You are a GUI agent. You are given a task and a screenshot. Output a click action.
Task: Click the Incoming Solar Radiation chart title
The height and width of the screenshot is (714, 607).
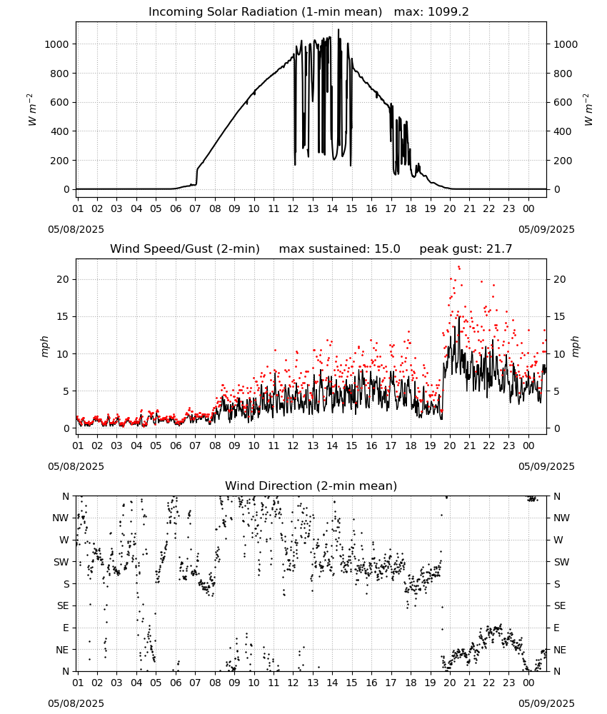(x=265, y=12)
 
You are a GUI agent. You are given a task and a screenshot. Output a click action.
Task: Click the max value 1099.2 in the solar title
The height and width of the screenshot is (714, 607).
(x=448, y=12)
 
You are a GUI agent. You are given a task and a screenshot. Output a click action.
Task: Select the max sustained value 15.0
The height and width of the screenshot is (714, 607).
(x=387, y=249)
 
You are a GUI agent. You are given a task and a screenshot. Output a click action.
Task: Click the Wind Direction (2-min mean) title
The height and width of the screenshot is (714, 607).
(x=311, y=486)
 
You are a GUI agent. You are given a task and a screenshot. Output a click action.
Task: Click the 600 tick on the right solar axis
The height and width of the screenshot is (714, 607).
(x=563, y=102)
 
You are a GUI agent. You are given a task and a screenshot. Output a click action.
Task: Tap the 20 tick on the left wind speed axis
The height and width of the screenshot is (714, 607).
(x=63, y=280)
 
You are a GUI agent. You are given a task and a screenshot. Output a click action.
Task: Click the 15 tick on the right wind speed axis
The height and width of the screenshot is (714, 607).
(x=560, y=316)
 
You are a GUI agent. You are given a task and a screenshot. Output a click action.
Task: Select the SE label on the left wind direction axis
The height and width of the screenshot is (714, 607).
(x=64, y=605)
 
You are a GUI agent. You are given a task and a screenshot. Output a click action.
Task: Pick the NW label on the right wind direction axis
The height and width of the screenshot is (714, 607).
(x=561, y=518)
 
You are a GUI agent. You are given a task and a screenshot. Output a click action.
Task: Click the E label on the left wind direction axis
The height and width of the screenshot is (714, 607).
(x=66, y=628)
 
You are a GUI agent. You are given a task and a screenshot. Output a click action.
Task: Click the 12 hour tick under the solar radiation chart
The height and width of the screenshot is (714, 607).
(x=293, y=208)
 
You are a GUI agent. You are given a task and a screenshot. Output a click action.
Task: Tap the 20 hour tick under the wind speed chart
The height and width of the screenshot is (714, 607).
(x=449, y=446)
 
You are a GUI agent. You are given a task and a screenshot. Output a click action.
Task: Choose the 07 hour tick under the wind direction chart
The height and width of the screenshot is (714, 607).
(x=195, y=683)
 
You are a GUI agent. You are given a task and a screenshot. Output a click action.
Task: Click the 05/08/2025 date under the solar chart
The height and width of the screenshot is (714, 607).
(x=76, y=229)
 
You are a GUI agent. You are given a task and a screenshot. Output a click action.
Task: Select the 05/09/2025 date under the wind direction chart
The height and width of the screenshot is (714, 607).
(x=546, y=703)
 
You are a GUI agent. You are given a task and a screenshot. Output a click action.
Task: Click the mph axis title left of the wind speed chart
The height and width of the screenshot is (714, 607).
(x=44, y=346)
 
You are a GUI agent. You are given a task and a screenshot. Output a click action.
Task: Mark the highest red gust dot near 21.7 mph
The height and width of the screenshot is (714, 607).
(x=459, y=267)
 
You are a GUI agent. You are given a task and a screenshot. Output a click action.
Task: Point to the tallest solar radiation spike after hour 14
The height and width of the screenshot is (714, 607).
(x=338, y=29)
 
